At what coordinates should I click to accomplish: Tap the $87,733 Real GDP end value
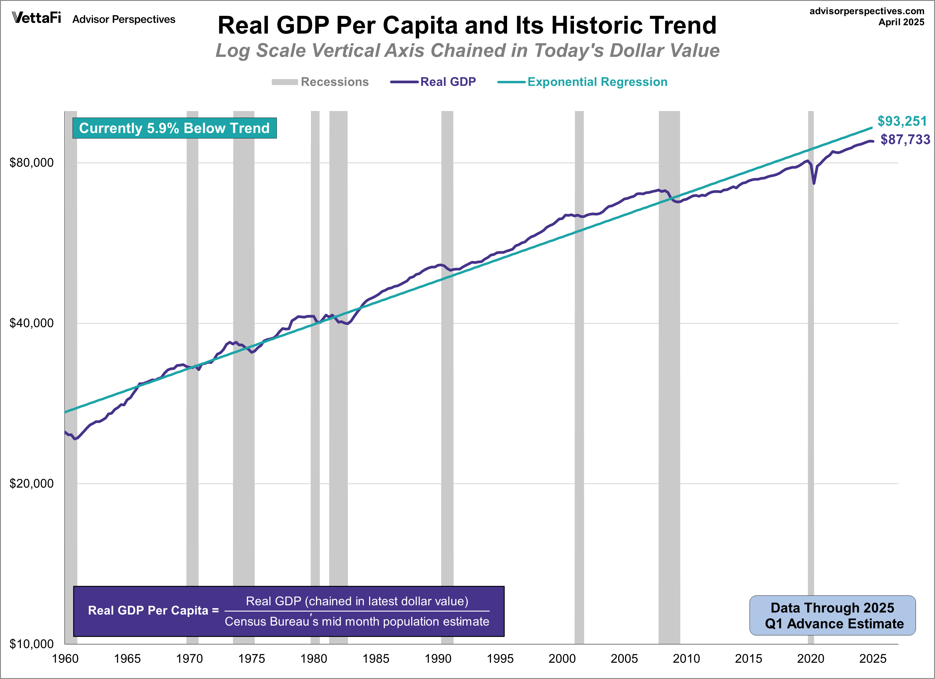905,140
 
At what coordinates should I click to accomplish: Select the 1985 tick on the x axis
376,659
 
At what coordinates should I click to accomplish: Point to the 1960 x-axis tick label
65,659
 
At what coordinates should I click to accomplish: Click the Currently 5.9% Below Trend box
174,128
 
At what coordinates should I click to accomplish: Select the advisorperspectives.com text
867,11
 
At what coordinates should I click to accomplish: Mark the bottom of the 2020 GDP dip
814,183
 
